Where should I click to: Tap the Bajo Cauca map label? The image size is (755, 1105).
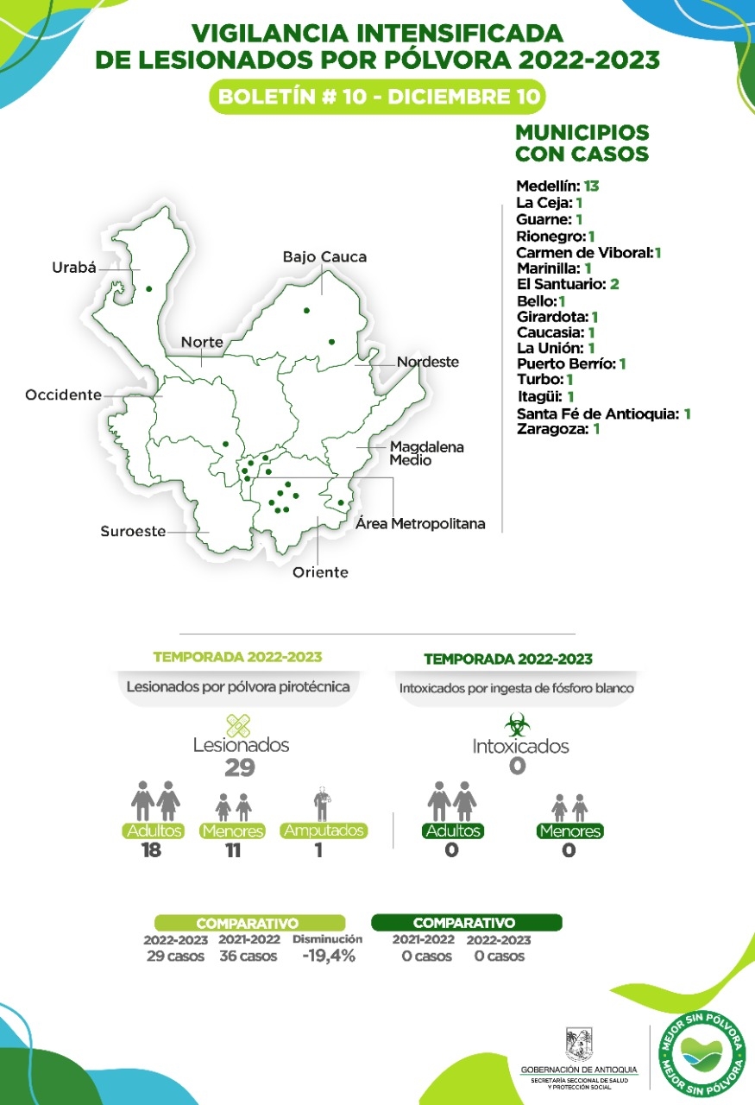tap(324, 257)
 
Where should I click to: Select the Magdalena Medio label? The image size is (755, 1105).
tap(426, 453)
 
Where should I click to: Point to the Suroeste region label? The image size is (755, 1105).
tap(132, 532)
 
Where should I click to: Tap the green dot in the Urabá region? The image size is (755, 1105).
tap(148, 288)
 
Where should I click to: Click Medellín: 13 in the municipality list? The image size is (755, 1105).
tap(557, 186)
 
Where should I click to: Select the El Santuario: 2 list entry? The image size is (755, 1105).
tap(567, 284)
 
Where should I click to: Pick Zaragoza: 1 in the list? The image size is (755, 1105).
tap(557, 428)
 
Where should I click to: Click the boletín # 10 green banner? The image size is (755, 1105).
tap(377, 97)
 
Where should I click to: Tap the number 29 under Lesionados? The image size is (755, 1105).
tap(240, 768)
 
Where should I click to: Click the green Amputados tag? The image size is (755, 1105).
tap(324, 830)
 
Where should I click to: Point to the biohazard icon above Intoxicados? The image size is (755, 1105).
tap(516, 723)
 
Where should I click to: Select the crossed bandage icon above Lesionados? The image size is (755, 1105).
tap(238, 725)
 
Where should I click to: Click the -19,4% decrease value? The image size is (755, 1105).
tap(327, 956)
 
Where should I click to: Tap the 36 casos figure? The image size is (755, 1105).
tap(248, 957)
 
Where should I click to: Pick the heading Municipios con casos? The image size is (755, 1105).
tap(582, 143)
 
